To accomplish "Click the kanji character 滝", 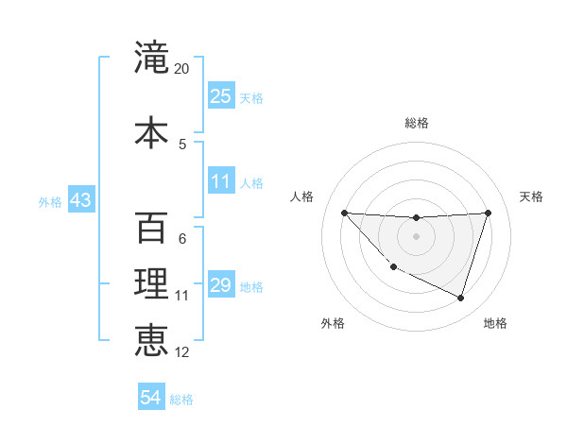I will (x=151, y=59).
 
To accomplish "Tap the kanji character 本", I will (x=151, y=132).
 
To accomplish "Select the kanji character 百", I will (x=151, y=229).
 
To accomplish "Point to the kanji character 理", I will (x=151, y=283).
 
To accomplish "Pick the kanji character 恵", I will (x=151, y=338).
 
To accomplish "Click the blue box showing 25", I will (x=221, y=96).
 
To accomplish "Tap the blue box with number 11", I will (x=221, y=181).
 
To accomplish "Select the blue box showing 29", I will (x=221, y=285).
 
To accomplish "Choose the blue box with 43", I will (x=80, y=201).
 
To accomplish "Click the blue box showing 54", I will (x=151, y=398).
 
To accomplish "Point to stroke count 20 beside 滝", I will (x=182, y=69).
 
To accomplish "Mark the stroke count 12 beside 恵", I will (x=182, y=352).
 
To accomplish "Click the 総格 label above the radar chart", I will (x=417, y=123).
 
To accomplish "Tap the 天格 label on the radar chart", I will (x=531, y=196).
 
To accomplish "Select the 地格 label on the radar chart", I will (x=495, y=323).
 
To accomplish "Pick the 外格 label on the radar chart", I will (x=333, y=323).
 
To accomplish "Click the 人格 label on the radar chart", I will (x=302, y=196).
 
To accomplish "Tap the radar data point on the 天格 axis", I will (x=488, y=213).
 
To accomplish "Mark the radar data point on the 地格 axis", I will (x=460, y=299).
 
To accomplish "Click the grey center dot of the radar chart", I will (x=416, y=236).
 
